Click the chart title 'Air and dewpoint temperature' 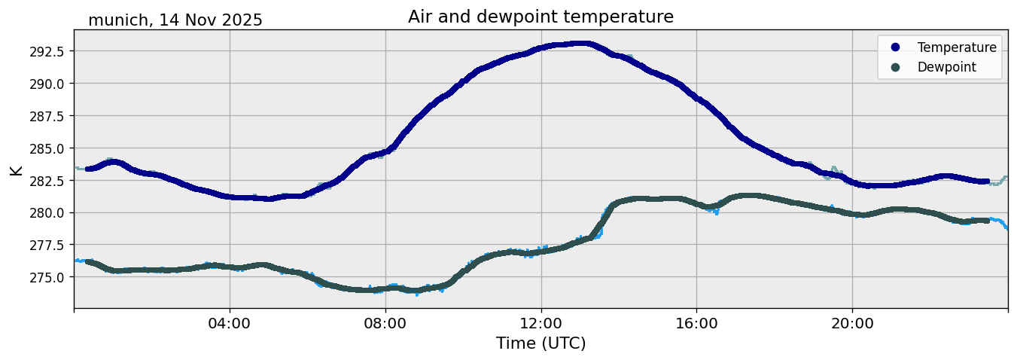540,17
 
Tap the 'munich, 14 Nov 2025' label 175,20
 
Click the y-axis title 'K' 17,170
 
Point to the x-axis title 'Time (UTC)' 540,343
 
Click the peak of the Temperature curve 580,44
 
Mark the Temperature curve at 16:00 696,98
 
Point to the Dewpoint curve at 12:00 540,251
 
